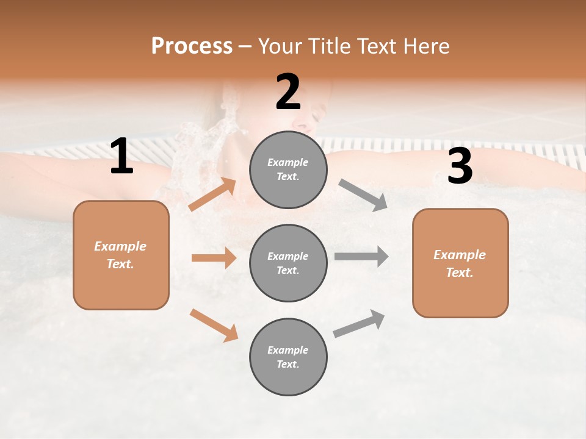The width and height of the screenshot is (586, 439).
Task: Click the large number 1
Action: tap(121, 157)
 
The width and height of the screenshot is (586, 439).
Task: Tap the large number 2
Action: tap(288, 92)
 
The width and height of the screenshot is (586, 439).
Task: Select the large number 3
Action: tap(460, 166)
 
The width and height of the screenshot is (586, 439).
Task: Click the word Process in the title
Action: tap(192, 46)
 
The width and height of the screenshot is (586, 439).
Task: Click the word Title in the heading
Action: tap(329, 46)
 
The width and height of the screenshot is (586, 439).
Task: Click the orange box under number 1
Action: tap(121, 255)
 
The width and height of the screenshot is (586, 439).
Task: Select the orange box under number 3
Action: tap(460, 263)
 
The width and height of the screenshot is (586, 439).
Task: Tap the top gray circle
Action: tap(288, 170)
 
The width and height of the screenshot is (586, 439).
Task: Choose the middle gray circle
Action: tap(288, 263)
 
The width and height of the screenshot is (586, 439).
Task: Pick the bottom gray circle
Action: tap(288, 357)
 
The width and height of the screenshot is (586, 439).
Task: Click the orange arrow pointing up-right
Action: tap(212, 195)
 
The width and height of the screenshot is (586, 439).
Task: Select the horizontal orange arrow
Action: tap(214, 258)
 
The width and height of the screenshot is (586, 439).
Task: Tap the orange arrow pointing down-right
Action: tap(214, 325)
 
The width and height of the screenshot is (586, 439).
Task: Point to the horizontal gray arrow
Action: tap(361, 256)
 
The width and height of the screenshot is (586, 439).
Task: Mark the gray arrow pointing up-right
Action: tap(359, 324)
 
